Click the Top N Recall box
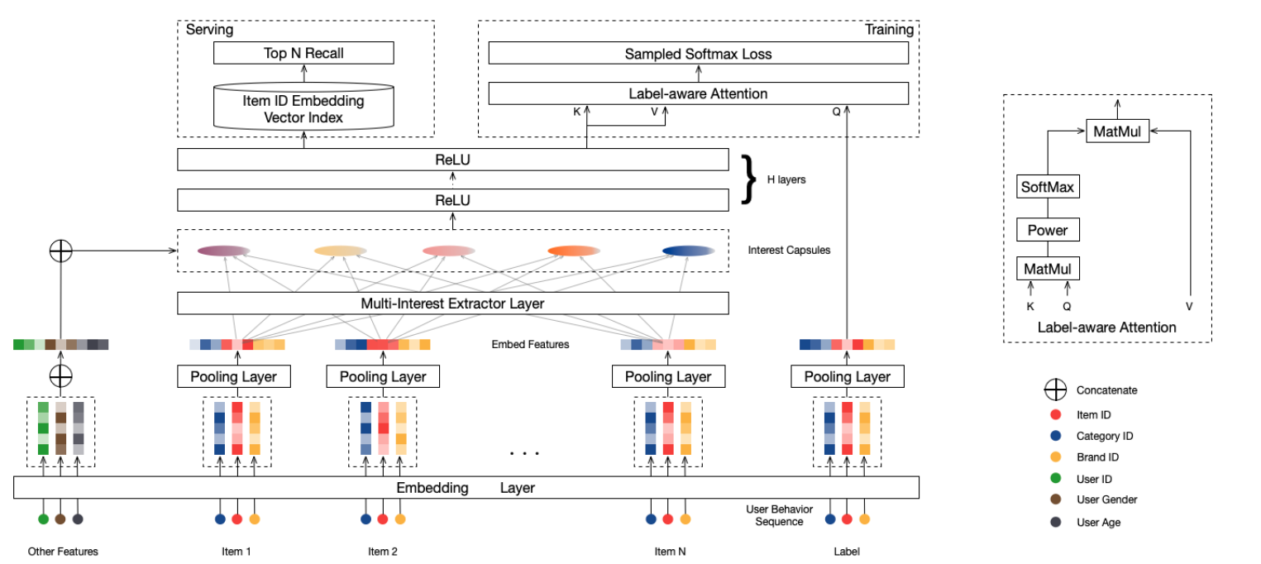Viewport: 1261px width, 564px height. (x=303, y=54)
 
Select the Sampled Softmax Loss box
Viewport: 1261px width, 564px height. (x=698, y=54)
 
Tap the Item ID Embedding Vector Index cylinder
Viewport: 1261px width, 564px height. (x=303, y=109)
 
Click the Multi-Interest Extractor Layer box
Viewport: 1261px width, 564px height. (x=452, y=304)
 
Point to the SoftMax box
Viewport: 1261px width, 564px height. (x=1047, y=187)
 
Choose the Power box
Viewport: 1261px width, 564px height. (x=1047, y=230)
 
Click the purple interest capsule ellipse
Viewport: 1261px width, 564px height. (x=223, y=251)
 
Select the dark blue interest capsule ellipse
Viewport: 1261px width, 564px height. (x=688, y=251)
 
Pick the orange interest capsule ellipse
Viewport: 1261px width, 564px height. (x=573, y=251)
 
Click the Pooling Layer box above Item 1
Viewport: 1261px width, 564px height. (x=237, y=376)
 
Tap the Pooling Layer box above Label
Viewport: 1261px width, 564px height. (x=847, y=376)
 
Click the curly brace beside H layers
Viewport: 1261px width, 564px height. (x=749, y=178)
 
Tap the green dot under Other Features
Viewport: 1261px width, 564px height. (x=43, y=519)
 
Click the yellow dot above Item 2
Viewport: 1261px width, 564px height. (x=400, y=519)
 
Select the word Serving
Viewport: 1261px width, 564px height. (x=209, y=30)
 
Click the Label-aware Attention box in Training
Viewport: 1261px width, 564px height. (x=698, y=93)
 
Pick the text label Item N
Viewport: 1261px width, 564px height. (x=669, y=552)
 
